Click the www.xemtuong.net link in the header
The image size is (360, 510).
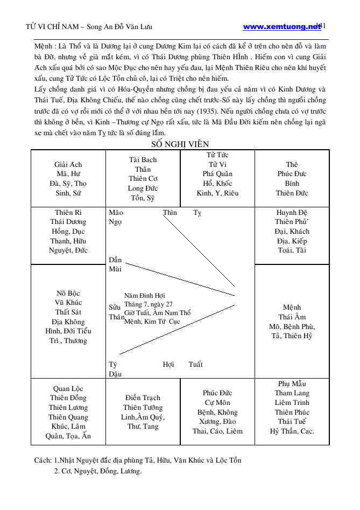click(281, 26)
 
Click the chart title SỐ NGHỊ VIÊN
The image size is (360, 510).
click(180, 144)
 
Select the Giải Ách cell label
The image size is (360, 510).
click(68, 164)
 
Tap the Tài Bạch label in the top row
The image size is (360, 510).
click(143, 159)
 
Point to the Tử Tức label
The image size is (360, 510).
click(217, 155)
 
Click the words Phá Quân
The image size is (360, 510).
click(217, 174)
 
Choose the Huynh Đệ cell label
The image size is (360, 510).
click(292, 212)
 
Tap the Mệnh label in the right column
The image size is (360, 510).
click(292, 308)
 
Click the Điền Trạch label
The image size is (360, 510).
click(143, 398)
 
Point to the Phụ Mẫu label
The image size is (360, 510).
click(292, 383)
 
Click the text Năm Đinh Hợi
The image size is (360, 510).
click(144, 296)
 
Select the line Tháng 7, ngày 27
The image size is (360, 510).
click(148, 304)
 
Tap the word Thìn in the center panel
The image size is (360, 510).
click(170, 213)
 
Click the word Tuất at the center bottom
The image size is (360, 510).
click(196, 365)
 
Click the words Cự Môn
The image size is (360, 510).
click(217, 402)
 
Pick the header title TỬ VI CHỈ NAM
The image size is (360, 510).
click(51, 26)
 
